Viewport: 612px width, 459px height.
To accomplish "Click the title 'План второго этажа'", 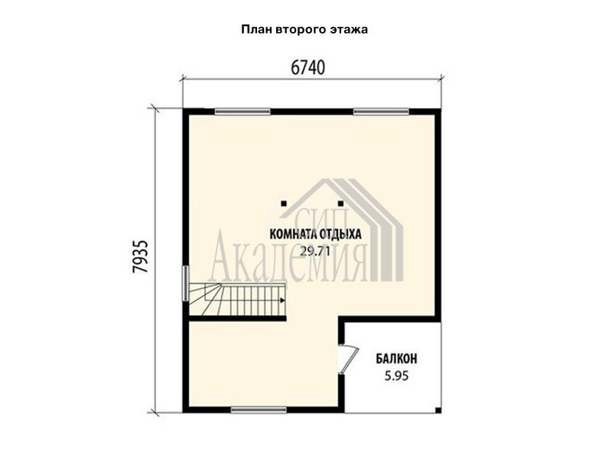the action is point(304,30).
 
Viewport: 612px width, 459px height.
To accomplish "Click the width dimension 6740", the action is point(308,68).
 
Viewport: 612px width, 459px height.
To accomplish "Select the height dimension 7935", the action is point(140,256).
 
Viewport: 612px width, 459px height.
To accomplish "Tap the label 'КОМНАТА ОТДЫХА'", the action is point(315,234).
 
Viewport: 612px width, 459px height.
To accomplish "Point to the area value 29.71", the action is point(315,252).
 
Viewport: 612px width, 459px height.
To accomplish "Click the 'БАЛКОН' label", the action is point(396,358).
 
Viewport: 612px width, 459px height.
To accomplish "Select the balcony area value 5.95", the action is point(396,376).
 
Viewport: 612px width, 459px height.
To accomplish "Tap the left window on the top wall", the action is point(243,112).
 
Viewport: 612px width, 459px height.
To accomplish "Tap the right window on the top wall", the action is point(381,112).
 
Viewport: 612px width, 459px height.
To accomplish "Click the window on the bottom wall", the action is point(259,410).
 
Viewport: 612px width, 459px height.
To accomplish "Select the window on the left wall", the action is point(186,283).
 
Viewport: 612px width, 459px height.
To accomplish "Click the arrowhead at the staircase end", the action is point(282,300).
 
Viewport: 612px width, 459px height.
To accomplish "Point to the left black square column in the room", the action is point(284,203).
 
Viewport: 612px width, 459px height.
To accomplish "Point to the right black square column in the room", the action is point(340,203).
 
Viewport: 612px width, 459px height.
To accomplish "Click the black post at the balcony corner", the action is point(438,410).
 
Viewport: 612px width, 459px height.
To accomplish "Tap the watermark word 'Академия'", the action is point(288,259).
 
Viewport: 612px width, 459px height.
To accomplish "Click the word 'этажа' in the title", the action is point(350,30).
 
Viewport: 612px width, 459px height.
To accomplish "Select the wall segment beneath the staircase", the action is point(238,319).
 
